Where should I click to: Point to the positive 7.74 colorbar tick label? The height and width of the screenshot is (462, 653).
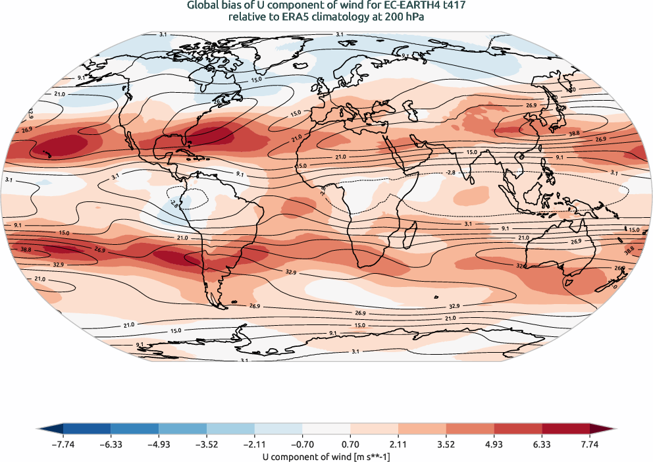pyautogui.click(x=589, y=444)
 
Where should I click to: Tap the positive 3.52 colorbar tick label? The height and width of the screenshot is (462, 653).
pyautogui.click(x=446, y=444)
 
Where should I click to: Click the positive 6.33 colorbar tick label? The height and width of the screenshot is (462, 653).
pyautogui.click(x=541, y=444)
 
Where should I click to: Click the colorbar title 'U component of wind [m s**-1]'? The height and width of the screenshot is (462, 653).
pyautogui.click(x=326, y=455)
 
